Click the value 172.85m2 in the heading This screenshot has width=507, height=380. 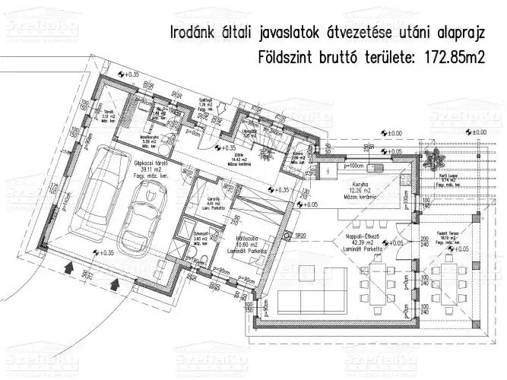452,56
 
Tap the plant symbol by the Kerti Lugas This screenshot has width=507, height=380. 439,159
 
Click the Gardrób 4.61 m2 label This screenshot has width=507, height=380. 213,203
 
